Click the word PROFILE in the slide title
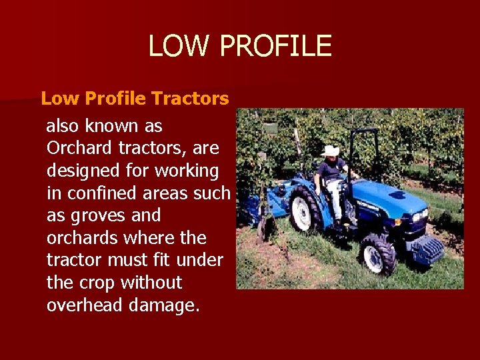[x=275, y=46]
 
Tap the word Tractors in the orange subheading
[x=190, y=99]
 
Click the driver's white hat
[x=330, y=151]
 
